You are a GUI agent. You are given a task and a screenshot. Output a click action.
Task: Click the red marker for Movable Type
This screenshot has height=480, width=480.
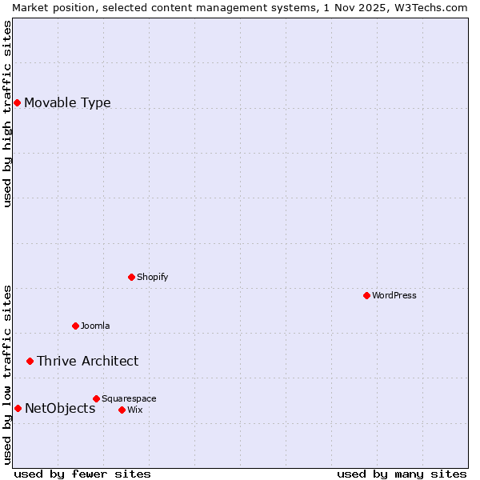point(17,102)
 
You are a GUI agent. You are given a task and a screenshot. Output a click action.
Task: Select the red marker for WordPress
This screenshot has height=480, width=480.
point(366,295)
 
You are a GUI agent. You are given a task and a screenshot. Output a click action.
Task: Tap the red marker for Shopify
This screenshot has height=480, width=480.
point(131,277)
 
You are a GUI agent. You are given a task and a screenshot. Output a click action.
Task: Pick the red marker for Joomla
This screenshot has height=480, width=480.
point(75,326)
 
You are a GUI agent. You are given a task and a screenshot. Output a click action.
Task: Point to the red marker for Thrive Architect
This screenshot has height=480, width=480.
point(30,361)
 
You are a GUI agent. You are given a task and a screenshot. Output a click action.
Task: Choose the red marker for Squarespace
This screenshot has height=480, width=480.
point(96,398)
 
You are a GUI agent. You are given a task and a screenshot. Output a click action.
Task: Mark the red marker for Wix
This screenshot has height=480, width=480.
point(122,410)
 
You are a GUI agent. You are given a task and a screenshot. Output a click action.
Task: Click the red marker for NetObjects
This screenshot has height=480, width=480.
point(18,408)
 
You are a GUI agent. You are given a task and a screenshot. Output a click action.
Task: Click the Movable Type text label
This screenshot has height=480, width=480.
point(67,102)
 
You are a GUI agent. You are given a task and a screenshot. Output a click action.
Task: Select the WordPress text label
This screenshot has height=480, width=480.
point(394,295)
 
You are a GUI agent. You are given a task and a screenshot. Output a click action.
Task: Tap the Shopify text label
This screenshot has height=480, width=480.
point(152,277)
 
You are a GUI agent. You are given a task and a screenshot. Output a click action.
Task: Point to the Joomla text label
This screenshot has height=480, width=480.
point(95,326)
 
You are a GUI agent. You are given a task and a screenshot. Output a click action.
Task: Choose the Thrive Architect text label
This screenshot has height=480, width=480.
point(87,361)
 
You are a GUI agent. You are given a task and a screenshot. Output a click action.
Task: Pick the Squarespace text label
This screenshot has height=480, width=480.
point(129,398)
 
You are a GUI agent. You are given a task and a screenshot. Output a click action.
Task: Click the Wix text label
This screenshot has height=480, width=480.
point(134,410)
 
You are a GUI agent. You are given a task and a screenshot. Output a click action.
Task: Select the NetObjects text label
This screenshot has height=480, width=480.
point(60,408)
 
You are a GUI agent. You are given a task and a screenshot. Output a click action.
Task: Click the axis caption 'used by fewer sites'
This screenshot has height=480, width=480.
point(82,474)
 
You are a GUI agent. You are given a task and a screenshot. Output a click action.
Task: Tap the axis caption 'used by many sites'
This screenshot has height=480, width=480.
point(402,474)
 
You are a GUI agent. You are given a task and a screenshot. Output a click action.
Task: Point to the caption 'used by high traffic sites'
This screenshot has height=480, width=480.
point(7,114)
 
